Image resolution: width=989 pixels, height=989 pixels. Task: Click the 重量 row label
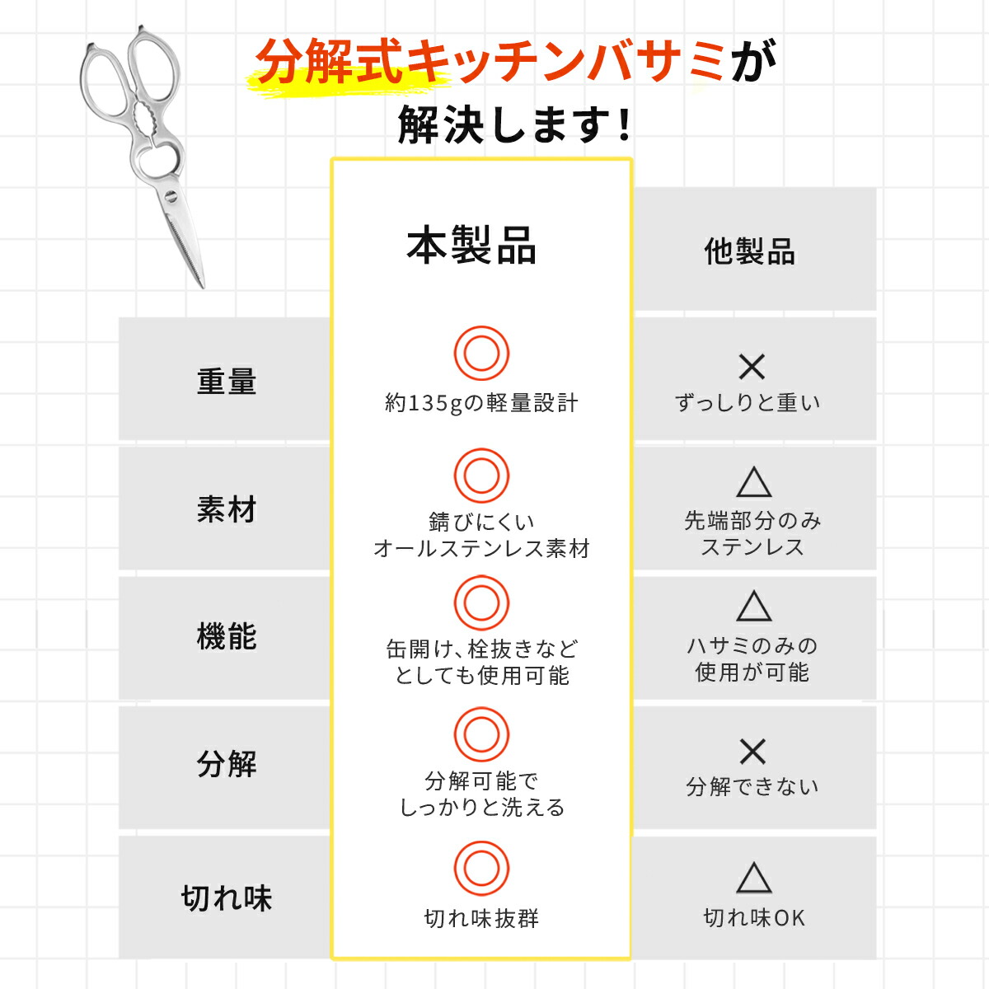(227, 382)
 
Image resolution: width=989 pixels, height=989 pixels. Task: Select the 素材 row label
(227, 509)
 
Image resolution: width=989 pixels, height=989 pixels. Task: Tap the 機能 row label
(227, 636)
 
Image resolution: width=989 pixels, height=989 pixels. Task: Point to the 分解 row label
(227, 764)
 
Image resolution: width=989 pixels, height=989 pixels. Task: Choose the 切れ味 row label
(227, 898)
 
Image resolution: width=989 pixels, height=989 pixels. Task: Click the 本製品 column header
(471, 246)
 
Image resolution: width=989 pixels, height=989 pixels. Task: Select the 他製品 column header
(749, 251)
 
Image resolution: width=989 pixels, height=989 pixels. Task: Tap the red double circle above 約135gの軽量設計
(481, 353)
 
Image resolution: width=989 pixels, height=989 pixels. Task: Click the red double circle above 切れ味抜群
(481, 869)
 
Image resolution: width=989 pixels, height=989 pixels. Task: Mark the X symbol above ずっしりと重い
(752, 367)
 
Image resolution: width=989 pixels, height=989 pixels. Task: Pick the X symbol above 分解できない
(752, 752)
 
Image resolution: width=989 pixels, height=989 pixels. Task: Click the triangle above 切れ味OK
(754, 878)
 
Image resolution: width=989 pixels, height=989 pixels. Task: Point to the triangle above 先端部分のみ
(754, 482)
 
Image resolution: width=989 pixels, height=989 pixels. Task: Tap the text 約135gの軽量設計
(481, 403)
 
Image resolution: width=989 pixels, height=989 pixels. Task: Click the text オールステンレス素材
(481, 548)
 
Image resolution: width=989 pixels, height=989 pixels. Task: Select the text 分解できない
(752, 786)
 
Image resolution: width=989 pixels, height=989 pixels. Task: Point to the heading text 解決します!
(515, 124)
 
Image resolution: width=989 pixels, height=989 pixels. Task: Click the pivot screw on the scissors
(171, 195)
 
